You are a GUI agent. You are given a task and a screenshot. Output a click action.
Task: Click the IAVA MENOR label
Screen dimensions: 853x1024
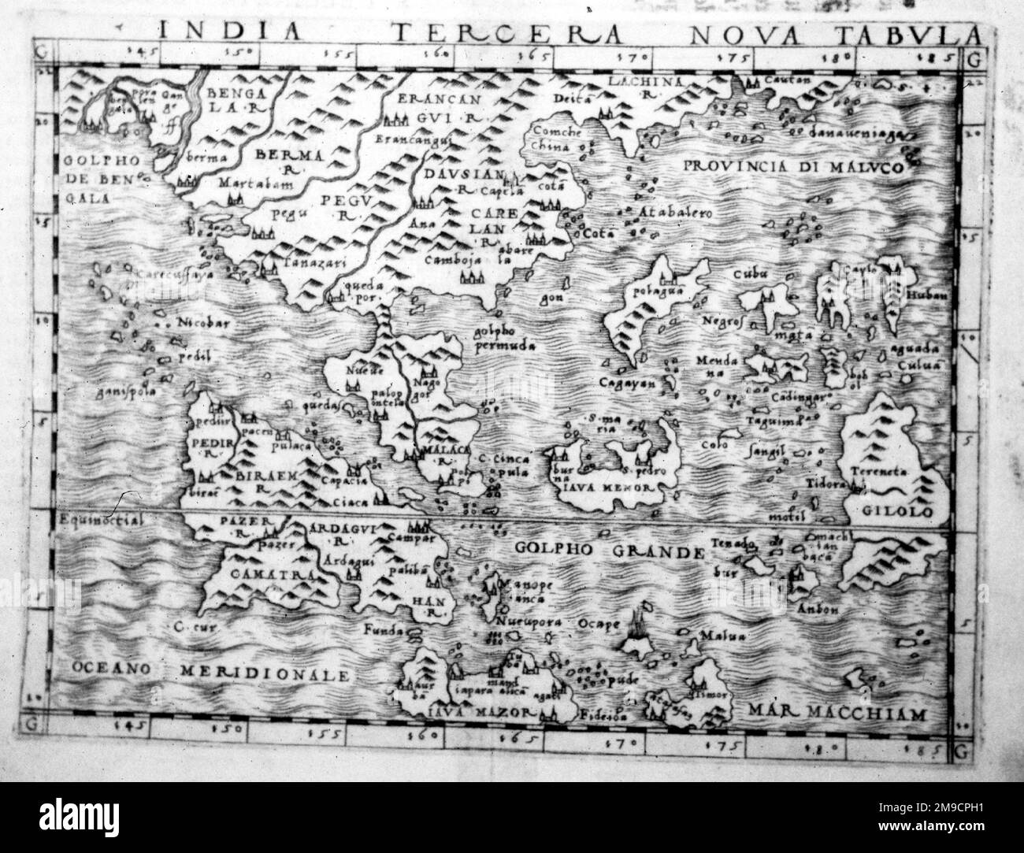click(x=610, y=488)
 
